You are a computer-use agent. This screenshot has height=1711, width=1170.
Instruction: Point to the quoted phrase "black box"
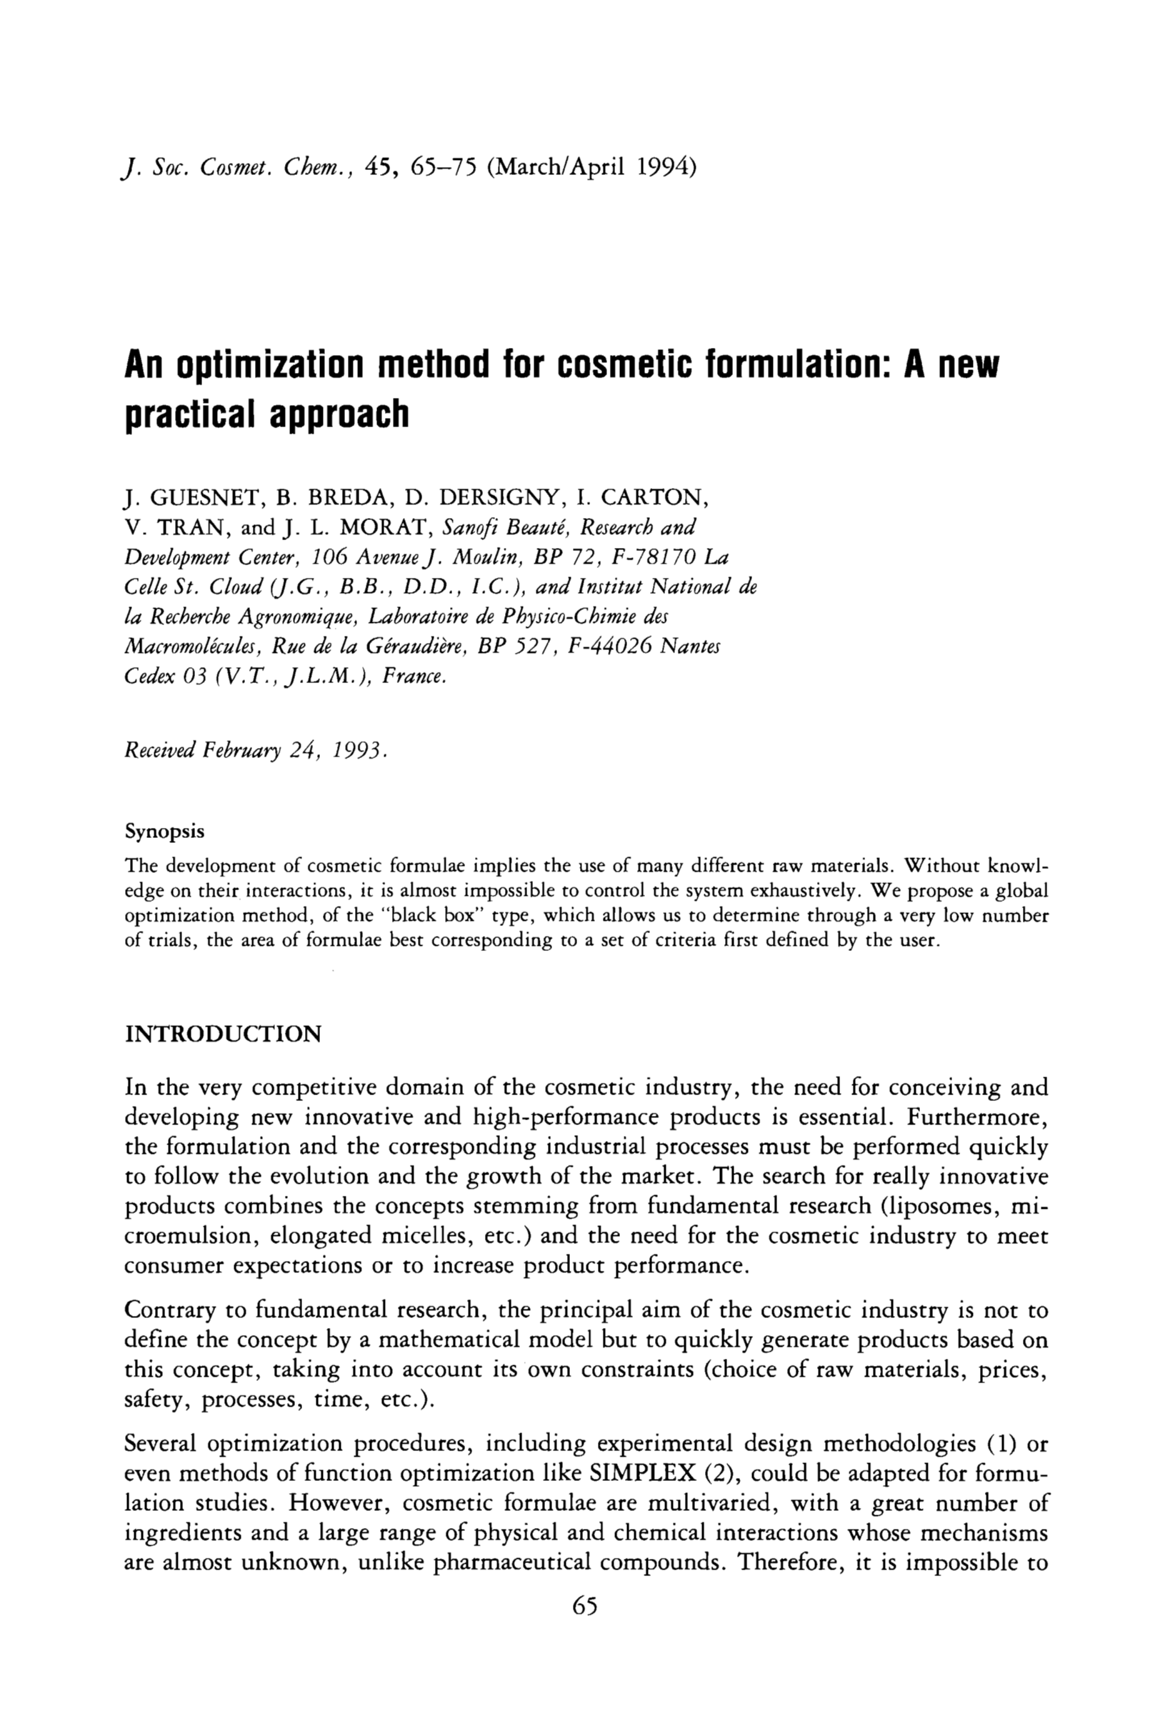pos(437,916)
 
